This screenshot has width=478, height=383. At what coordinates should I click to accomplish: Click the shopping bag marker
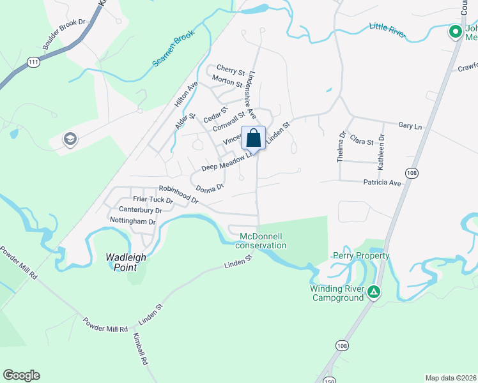coord(253,138)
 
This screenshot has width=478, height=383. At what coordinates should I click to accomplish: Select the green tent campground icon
coord(374,293)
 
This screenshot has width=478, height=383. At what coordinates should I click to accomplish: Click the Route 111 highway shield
coord(33,62)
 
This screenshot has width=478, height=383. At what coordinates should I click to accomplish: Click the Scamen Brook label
coord(173,50)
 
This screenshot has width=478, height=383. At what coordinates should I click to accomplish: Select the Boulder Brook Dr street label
coord(65,34)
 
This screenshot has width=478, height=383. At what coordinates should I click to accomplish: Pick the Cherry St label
coord(231,70)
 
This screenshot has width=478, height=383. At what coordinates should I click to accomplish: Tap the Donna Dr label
coord(210,188)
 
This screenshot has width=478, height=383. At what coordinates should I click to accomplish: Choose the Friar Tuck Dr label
coord(153,199)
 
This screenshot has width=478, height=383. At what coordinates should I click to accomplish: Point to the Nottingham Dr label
coord(133,222)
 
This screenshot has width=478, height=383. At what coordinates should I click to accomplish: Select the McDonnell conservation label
coord(262,241)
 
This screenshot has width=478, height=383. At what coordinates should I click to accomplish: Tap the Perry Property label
coord(361,255)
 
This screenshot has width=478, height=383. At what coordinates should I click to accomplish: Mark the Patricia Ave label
coord(382,183)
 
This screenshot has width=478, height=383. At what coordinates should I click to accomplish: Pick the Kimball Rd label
coord(141,349)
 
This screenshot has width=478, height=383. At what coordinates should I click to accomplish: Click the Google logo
coord(21,375)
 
